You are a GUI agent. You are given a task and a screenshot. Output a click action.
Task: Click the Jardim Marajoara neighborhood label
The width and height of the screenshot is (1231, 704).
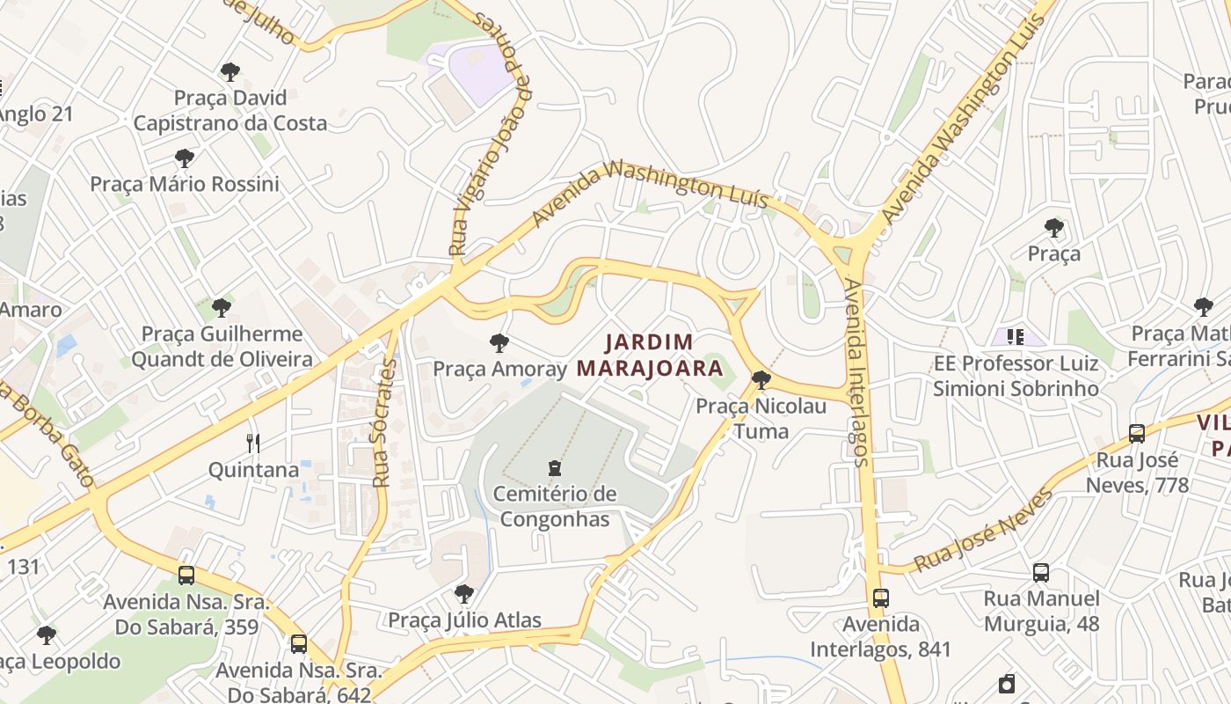point(649,355)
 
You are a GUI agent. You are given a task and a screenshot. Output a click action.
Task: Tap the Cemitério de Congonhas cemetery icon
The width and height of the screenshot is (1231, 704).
point(554,468)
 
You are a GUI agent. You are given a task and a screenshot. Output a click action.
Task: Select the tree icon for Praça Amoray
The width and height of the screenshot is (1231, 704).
point(499,343)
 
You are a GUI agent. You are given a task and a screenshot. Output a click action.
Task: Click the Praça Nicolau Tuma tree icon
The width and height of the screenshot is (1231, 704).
point(761,380)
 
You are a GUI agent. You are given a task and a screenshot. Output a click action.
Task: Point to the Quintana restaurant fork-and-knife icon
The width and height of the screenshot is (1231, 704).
point(253,443)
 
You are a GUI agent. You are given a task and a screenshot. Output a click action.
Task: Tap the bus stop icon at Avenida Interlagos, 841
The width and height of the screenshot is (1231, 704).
point(880,598)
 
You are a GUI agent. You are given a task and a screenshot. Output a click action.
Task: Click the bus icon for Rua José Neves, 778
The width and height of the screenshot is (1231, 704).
point(1136,434)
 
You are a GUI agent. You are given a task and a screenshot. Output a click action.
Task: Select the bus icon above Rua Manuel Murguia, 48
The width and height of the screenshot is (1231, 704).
point(1041,573)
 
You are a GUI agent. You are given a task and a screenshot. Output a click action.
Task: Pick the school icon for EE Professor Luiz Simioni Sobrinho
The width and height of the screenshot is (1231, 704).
point(1016,336)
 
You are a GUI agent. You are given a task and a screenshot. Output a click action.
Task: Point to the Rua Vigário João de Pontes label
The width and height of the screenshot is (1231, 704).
point(493,132)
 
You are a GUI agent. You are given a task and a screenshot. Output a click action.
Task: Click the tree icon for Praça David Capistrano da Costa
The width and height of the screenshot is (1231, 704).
point(230,71)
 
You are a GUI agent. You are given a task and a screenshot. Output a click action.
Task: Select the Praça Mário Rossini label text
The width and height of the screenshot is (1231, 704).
point(185,184)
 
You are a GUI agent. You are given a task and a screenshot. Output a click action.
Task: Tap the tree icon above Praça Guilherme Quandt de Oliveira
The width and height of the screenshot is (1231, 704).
point(222,308)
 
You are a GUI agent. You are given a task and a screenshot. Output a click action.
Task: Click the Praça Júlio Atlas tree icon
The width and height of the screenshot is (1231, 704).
point(464,594)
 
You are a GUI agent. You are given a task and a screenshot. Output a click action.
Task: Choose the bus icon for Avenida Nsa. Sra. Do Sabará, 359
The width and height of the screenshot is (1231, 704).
point(186,576)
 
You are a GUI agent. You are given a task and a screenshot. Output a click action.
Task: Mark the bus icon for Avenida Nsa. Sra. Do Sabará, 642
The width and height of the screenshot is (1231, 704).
point(299,643)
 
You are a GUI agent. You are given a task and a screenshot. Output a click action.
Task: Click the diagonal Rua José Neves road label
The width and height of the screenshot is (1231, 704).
point(983,531)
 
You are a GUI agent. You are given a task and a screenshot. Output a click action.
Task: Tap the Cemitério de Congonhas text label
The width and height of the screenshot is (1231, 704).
point(554,506)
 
